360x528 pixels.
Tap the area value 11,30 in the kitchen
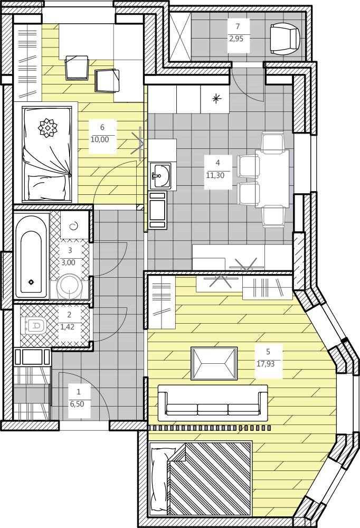click(218, 175)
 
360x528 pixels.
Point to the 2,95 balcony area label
click(238, 39)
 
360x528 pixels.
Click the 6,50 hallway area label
click(79, 404)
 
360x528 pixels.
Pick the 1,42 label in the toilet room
click(69, 327)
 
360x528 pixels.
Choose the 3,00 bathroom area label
click(69, 262)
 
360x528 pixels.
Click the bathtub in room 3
click(31, 255)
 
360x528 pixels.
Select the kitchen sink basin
click(161, 175)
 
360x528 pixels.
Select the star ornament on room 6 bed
click(47, 127)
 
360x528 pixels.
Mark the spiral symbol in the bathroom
click(73, 227)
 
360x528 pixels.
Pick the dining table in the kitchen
click(272, 178)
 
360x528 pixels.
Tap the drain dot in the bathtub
click(31, 281)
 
